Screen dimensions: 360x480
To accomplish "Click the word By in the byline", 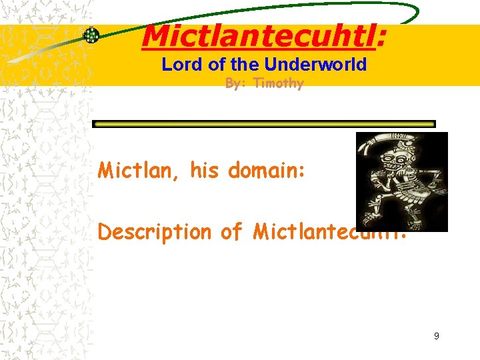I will pyautogui.click(x=233, y=83).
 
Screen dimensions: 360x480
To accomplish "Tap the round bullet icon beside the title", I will pyautogui.click(x=91, y=35).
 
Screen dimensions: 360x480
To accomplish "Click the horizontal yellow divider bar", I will pyautogui.click(x=263, y=124).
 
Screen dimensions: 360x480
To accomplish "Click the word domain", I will pyautogui.click(x=266, y=171).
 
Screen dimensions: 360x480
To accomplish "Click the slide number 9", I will pyautogui.click(x=436, y=336).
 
